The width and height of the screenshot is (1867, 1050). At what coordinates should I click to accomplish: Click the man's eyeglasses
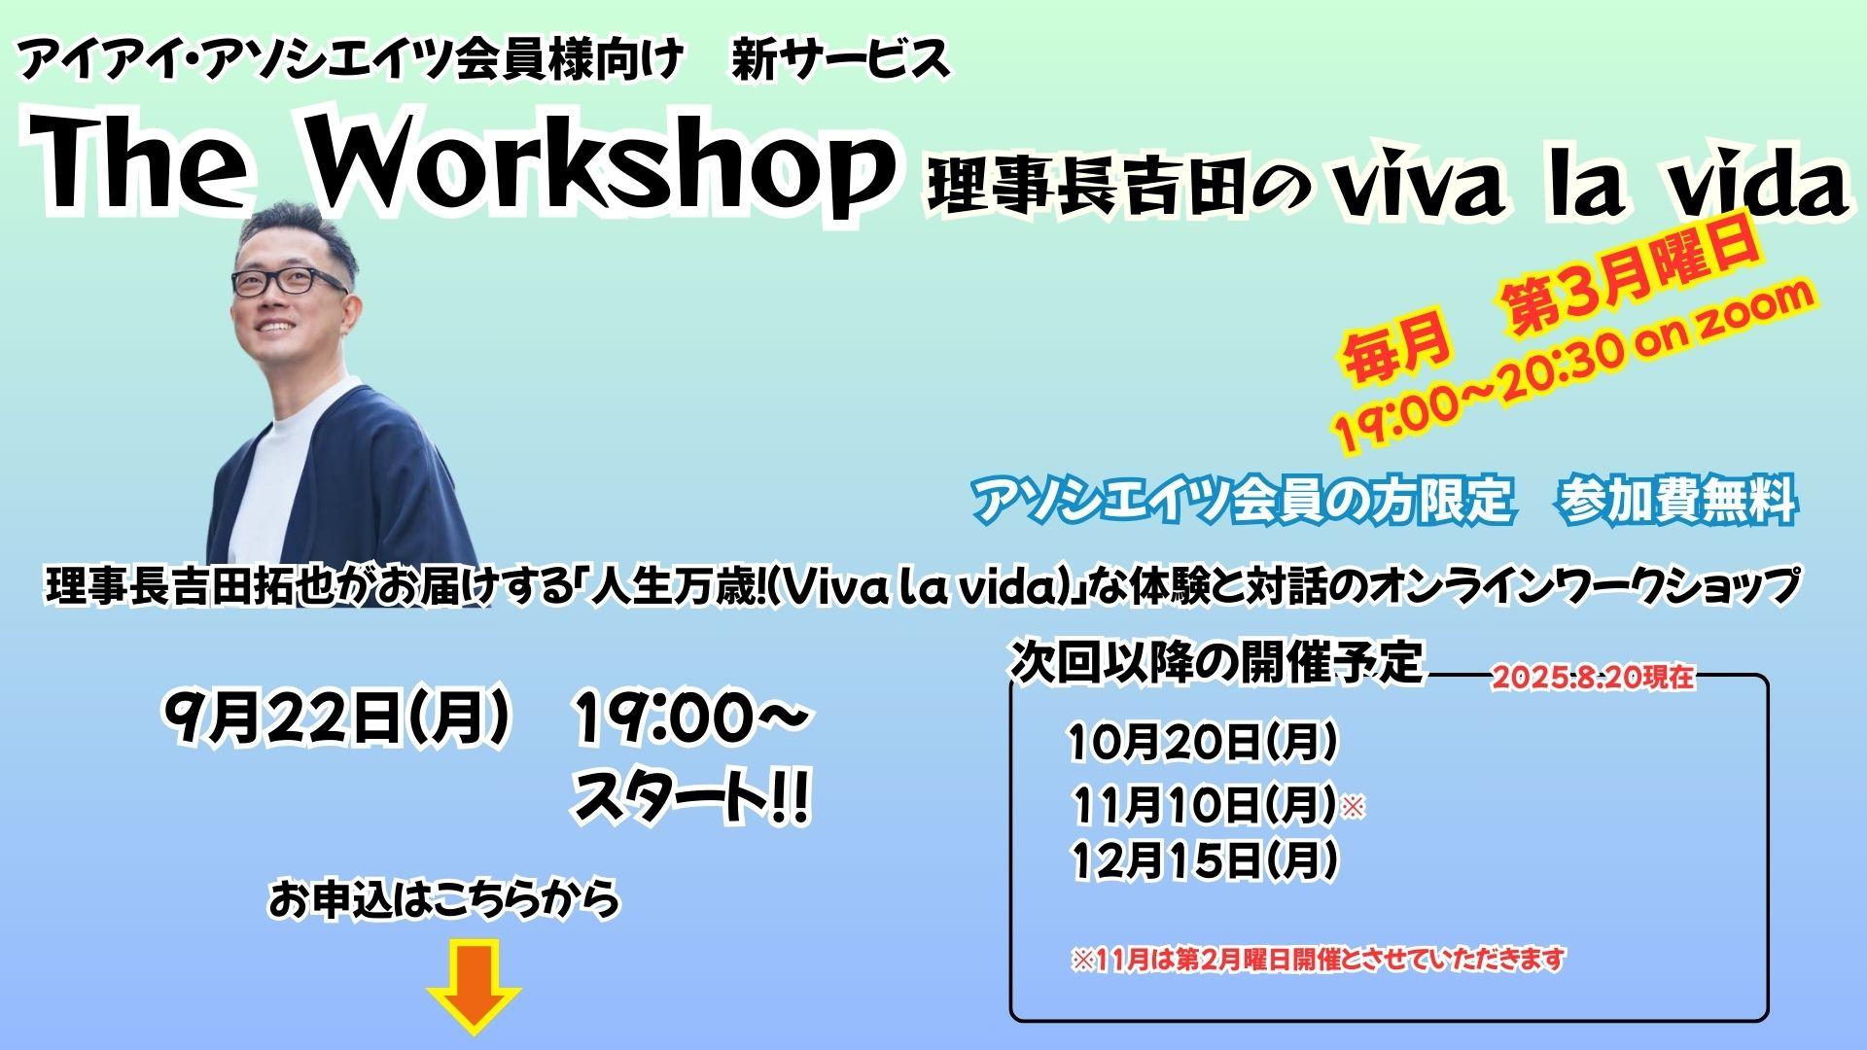288,282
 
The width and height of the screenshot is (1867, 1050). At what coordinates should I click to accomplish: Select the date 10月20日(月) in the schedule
1203,743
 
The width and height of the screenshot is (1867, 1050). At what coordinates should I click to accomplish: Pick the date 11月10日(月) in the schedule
1205,803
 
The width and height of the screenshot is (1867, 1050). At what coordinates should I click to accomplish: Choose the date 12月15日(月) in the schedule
1205,859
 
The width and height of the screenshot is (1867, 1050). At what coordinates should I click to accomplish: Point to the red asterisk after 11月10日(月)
1353,806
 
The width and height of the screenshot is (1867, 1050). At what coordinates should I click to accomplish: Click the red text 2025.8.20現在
1593,678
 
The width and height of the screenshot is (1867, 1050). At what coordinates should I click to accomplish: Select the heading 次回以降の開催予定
1216,662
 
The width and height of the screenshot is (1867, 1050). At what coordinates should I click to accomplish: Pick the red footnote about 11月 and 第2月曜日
1319,960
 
